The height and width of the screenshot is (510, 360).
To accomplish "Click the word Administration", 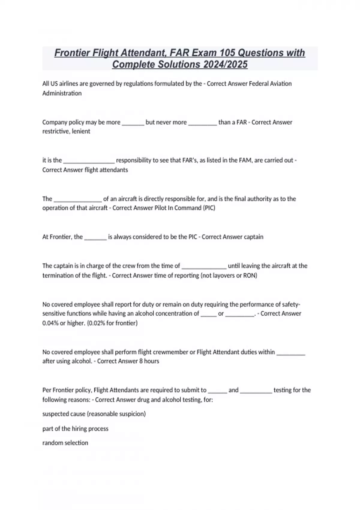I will coord(62,93).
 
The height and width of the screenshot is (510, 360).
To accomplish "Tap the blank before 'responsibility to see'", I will coord(89,161).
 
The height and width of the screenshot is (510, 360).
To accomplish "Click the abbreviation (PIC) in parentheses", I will coord(209,208).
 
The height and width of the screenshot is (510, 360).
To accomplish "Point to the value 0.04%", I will coord(50,323).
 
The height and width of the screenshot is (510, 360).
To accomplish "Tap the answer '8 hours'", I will coord(149,361).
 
